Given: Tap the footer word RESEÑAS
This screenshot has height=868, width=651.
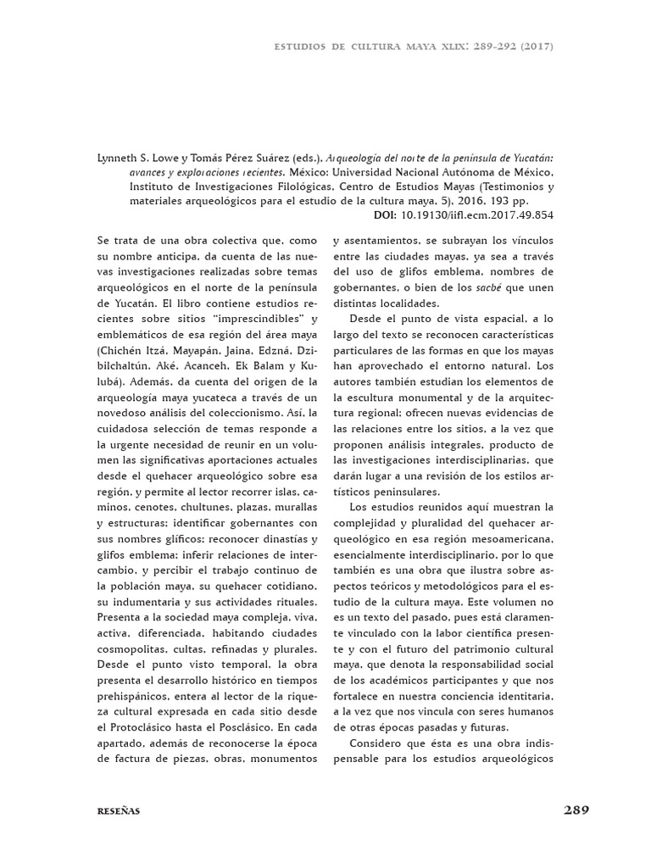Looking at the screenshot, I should (x=118, y=811).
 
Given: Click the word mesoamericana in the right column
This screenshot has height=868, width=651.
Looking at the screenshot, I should (x=506, y=538).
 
